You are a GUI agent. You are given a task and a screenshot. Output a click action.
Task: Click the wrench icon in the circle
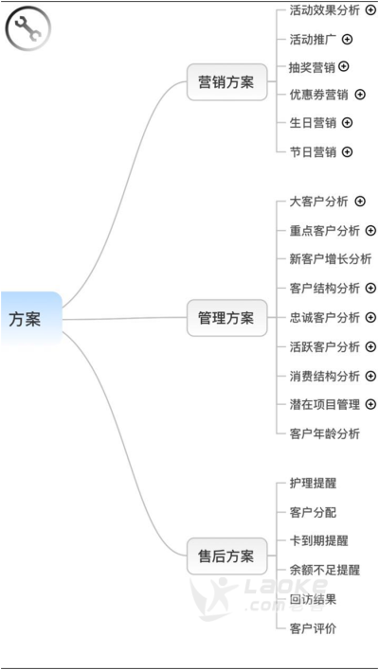point(27,28)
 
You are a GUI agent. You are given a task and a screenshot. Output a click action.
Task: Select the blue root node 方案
point(31,319)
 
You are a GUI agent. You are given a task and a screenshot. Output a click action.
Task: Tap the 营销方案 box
point(226,82)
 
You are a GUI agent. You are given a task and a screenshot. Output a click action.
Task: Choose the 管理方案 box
point(226,318)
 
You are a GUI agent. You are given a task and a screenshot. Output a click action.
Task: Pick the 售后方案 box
point(226,555)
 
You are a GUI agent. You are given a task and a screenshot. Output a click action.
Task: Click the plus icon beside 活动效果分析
point(370,10)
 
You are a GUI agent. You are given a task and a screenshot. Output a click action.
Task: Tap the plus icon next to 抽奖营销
point(344,66)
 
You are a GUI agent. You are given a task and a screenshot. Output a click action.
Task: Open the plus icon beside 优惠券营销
point(361,95)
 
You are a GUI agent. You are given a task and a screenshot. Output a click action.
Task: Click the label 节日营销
point(313,151)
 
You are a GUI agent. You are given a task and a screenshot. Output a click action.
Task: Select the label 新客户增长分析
point(331,259)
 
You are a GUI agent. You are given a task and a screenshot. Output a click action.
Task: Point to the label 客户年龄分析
point(325,434)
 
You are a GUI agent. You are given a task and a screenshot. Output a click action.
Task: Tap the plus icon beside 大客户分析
point(361,202)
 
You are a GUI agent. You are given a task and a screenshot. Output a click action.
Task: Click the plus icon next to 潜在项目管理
point(370,404)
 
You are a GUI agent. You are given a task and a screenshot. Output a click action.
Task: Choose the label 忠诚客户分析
point(325,317)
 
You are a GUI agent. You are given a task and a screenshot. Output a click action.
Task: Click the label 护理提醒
point(313,484)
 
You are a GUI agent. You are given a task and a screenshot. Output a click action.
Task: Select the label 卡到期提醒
point(318,541)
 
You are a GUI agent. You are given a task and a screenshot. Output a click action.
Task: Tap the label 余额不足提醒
point(325,570)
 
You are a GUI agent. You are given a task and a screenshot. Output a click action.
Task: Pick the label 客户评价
point(313,628)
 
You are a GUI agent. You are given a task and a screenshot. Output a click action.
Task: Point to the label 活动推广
point(313,40)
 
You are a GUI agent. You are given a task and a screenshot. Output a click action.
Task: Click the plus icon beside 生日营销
point(348,123)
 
